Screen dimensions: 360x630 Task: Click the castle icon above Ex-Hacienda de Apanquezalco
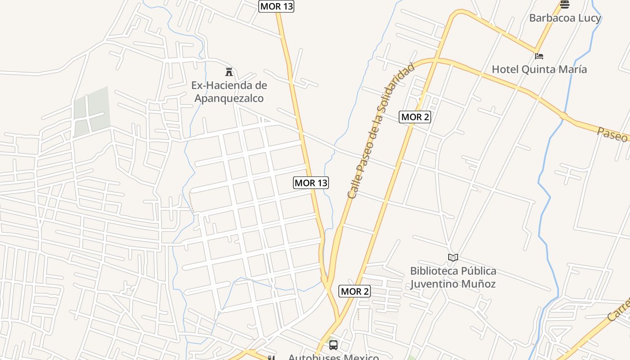tap(229, 72)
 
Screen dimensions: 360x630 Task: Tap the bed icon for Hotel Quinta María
tap(539, 56)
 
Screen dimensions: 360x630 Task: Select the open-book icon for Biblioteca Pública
tap(453, 257)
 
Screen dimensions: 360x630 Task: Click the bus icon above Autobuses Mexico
tap(333, 345)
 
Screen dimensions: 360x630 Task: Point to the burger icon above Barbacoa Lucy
tap(565, 4)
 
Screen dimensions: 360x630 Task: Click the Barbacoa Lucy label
tap(565, 18)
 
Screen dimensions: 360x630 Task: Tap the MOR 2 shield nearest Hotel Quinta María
tap(415, 117)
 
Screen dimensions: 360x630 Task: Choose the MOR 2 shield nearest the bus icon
tap(355, 291)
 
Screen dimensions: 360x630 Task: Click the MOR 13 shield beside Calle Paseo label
tap(311, 182)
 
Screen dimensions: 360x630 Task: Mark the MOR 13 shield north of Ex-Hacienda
tap(276, 6)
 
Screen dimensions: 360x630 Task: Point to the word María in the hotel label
tap(572, 69)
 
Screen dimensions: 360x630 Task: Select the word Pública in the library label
tap(479, 271)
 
